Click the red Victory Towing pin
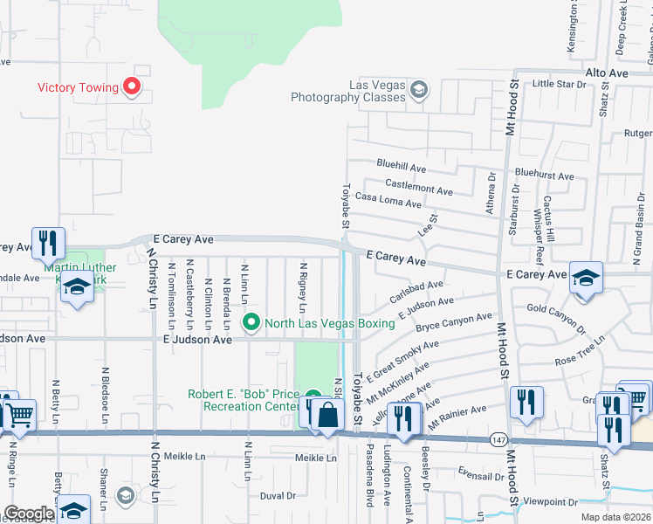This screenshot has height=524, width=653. (132, 86)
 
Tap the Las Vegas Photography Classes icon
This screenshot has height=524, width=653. (419, 89)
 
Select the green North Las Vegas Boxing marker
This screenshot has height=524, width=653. (252, 322)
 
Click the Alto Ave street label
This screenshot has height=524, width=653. (607, 73)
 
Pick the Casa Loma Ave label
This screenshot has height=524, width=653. (388, 202)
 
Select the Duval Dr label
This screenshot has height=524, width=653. (278, 495)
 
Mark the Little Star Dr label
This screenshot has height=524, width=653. (559, 84)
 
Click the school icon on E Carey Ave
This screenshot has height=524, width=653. (586, 278)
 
